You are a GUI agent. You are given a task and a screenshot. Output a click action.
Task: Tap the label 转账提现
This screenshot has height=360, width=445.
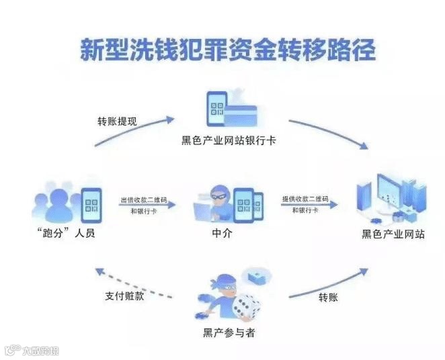117,122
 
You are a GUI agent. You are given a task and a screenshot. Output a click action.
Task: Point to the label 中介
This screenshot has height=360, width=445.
221,233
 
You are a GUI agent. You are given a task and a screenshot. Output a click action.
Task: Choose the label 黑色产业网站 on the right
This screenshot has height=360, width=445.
393,234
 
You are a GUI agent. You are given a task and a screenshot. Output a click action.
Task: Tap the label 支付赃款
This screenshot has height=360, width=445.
125,296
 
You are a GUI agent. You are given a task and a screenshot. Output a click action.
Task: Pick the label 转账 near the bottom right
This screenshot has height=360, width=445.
327,297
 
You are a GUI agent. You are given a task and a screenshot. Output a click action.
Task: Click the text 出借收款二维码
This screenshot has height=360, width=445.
144,200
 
